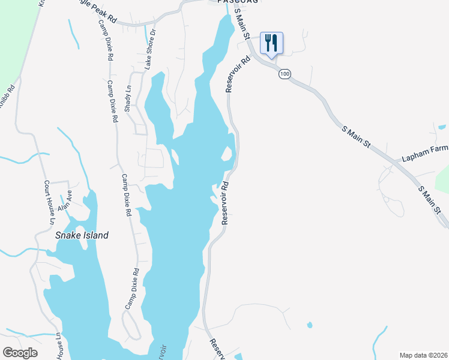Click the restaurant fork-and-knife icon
click(x=271, y=42)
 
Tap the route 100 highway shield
click(x=285, y=74)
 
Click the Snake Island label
click(x=82, y=235)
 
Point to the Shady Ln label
click(x=128, y=97)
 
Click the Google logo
click(x=20, y=353)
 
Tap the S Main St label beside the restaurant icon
click(x=242, y=24)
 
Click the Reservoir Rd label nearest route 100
click(x=237, y=74)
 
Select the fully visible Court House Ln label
click(x=47, y=203)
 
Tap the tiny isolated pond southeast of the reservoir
click(x=309, y=325)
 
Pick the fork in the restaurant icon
click(x=268, y=41)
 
